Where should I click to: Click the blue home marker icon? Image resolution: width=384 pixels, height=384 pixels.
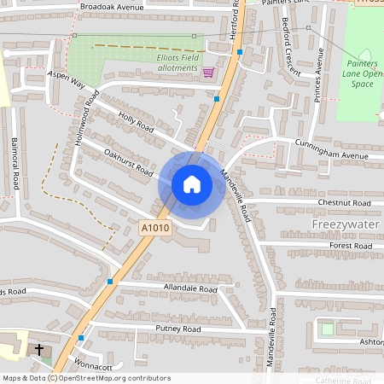pos(192,183)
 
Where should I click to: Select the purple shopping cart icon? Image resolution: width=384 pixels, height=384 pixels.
pos(207,73)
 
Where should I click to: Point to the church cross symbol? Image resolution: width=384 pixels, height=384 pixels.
pos(38,350)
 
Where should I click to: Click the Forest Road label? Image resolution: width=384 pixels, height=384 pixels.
pos(351,246)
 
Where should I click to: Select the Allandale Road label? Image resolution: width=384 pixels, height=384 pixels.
pos(190,288)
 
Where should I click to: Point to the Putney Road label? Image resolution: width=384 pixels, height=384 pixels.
pos(177,329)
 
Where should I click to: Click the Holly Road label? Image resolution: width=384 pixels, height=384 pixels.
pos(135,125)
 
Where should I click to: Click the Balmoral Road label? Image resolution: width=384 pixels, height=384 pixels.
pos(15,166)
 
